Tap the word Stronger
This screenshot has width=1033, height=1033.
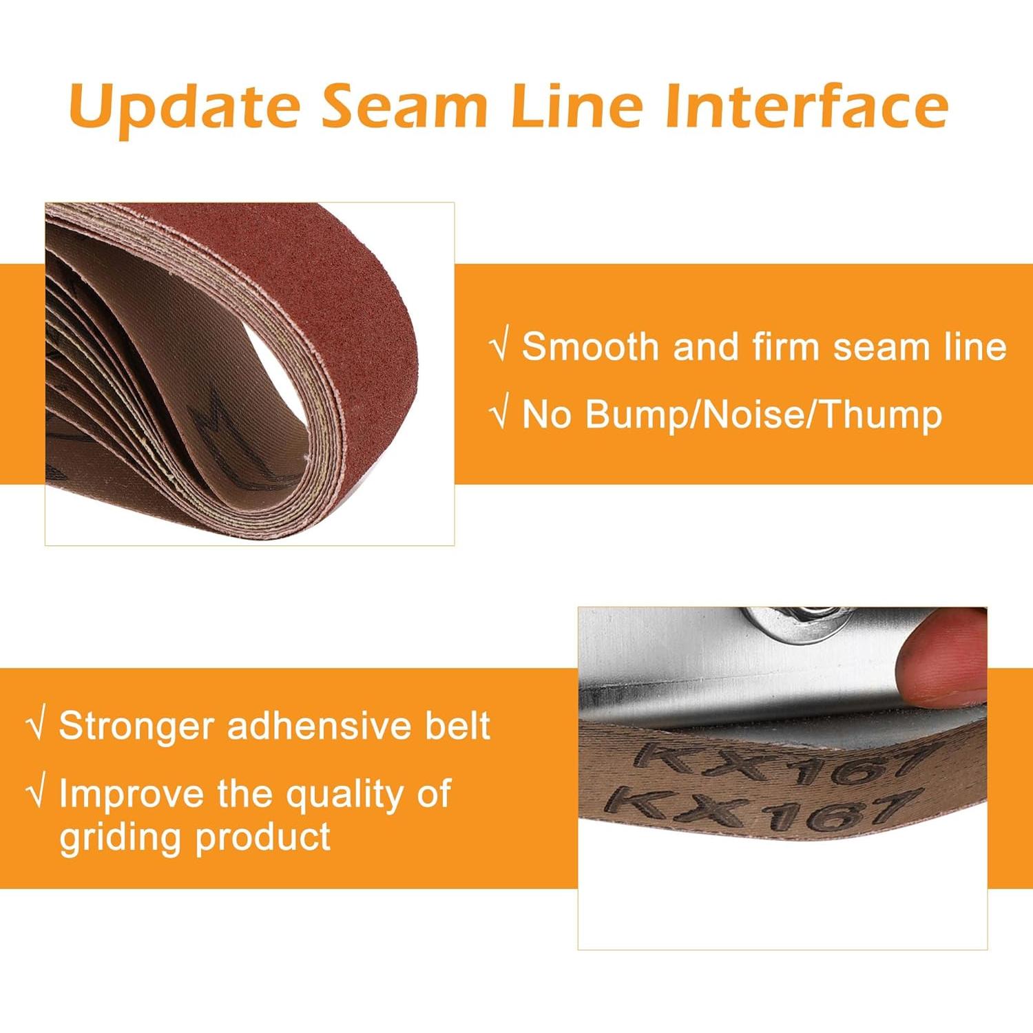coord(136,727)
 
